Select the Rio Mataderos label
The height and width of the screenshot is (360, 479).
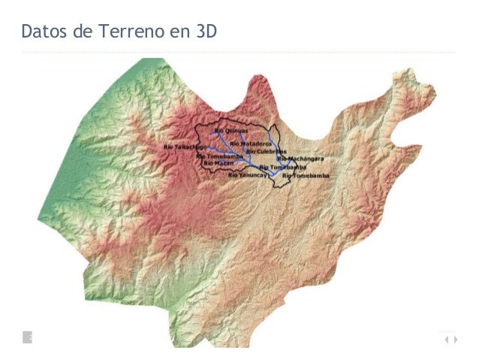pos(251,143)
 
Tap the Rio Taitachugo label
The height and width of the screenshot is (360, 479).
pos(185,147)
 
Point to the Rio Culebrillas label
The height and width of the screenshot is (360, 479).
pos(262,151)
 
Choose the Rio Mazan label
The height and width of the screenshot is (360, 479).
pos(219,162)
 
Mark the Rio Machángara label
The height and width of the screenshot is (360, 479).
pos(301,159)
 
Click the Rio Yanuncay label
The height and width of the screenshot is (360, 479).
pos(248,174)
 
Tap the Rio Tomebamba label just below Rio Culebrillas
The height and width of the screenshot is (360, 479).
pos(282,167)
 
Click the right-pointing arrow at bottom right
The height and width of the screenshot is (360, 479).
pos(454,340)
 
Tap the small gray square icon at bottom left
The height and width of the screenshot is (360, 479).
pos(28,337)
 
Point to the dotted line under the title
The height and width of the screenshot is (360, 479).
pos(239,52)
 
